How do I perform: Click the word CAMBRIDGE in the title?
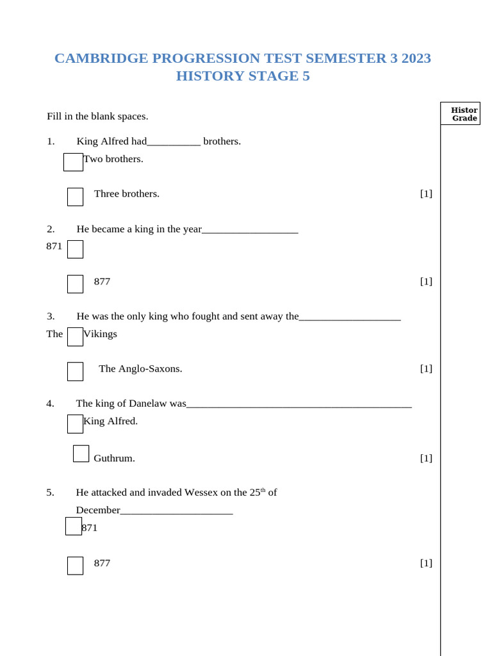(x=94, y=58)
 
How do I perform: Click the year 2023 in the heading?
(x=416, y=58)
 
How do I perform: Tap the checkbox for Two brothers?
(x=73, y=162)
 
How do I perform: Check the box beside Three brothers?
(x=75, y=197)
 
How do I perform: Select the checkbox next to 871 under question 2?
(x=75, y=249)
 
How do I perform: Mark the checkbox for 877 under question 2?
(x=75, y=284)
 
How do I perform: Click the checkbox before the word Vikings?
(x=75, y=336)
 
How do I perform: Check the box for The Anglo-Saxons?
(x=75, y=372)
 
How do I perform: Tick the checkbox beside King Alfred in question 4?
(x=75, y=423)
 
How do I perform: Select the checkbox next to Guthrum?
(x=81, y=454)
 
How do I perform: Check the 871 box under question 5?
(x=73, y=526)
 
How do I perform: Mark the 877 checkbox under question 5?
(x=75, y=566)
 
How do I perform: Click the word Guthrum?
(x=114, y=458)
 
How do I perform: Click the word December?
(x=98, y=511)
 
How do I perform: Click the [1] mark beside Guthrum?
(x=426, y=458)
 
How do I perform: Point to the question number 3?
(x=51, y=316)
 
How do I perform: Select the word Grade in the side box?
(x=464, y=119)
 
